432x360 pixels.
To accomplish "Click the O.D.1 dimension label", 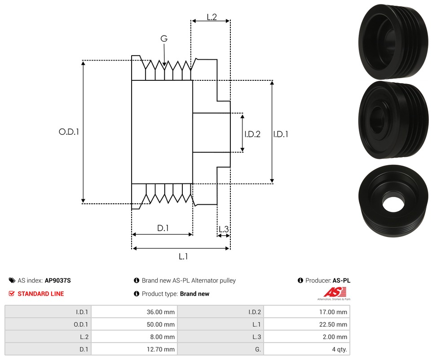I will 69,132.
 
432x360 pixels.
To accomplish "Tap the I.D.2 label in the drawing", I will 252,134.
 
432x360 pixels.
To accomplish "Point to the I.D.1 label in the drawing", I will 281,134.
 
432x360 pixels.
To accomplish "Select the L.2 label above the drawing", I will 212,17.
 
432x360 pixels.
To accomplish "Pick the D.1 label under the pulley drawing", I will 163,228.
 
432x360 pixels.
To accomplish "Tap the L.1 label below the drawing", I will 183,256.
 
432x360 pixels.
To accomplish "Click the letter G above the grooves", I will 164,39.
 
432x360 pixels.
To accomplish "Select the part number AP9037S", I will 57,281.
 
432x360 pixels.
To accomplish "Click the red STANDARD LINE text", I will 40,294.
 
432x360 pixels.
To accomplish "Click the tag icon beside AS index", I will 12,281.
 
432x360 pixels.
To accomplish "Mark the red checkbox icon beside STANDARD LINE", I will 12,294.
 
